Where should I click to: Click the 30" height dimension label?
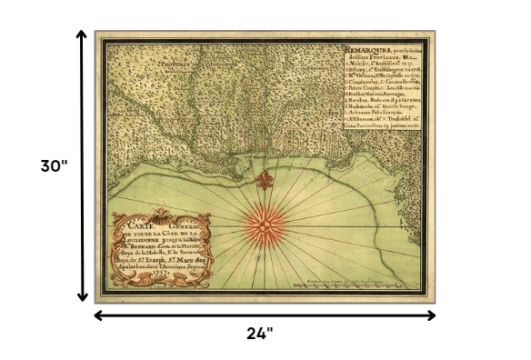click(x=54, y=166)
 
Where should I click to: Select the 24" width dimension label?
click(x=260, y=334)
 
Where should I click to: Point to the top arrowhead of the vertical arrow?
click(x=82, y=36)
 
